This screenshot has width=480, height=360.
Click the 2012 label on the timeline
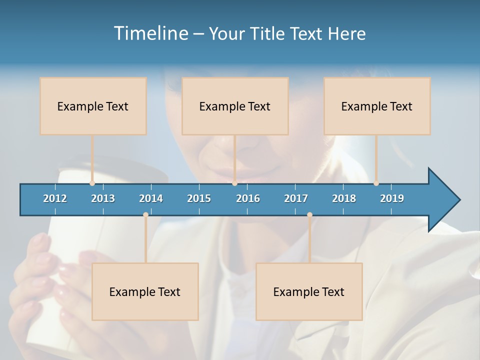(55, 198)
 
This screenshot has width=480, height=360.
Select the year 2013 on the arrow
(103, 198)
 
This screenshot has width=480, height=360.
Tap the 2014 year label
(151, 198)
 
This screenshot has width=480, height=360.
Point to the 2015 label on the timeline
(199, 198)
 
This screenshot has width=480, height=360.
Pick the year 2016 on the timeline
(248, 198)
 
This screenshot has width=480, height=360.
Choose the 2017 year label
(296, 198)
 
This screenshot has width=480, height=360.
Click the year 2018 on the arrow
(344, 198)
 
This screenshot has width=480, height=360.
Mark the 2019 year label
(392, 198)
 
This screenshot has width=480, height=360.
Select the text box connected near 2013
(93, 106)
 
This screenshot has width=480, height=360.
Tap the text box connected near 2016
(235, 106)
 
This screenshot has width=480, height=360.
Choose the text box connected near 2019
(377, 106)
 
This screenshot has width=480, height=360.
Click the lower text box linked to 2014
(145, 291)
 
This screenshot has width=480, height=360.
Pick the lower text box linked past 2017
(309, 291)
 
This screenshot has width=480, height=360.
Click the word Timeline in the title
(150, 33)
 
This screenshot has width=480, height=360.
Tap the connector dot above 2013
(92, 183)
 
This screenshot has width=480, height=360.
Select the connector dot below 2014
(145, 215)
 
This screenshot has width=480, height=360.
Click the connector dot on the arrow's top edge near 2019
(376, 183)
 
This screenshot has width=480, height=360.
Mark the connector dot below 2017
(309, 215)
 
